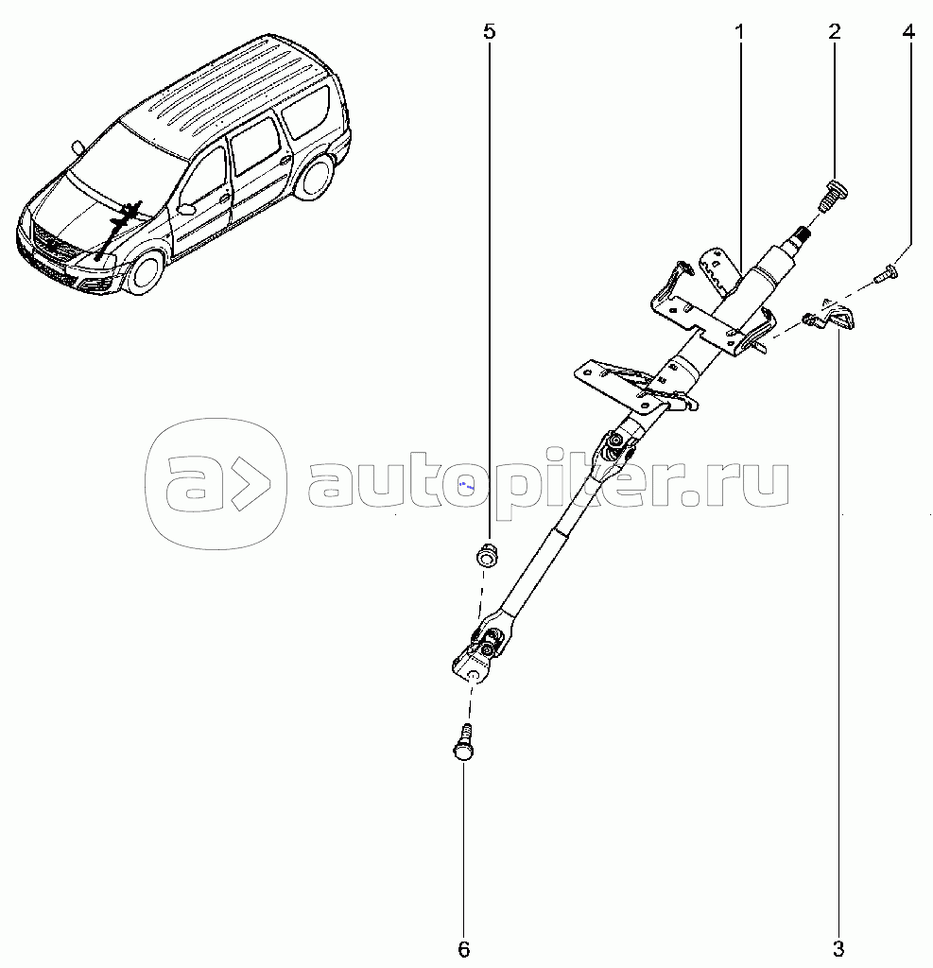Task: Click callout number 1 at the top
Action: pos(739,31)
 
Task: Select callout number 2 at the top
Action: pos(834,31)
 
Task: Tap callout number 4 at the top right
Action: pos(908,31)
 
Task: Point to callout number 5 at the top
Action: pos(489,31)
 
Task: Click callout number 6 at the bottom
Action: pos(464,949)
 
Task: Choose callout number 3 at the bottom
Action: pos(838,949)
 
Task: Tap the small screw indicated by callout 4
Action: pos(886,275)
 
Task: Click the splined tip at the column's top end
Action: pos(802,235)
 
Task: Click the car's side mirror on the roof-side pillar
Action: pos(78,147)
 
